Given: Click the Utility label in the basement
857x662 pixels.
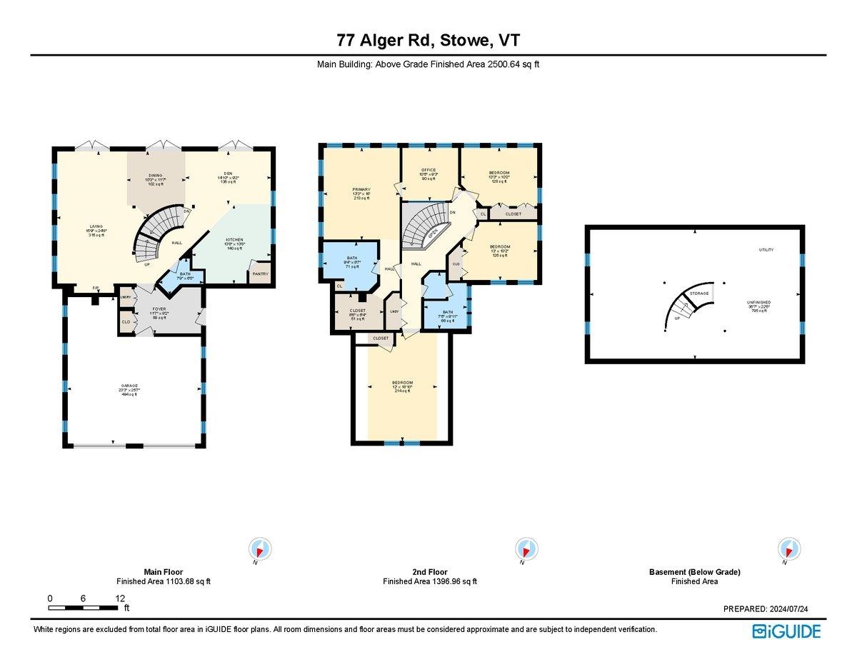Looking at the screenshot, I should pyautogui.click(x=766, y=250).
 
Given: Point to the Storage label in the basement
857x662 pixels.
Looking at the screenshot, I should pyautogui.click(x=699, y=294).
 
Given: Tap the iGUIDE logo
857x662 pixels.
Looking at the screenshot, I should pyautogui.click(x=786, y=631).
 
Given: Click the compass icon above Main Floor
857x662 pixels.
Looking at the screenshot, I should pyautogui.click(x=260, y=549).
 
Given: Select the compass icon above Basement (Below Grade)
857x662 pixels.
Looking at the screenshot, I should pyautogui.click(x=788, y=549).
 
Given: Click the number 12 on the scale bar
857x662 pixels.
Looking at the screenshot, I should pyautogui.click(x=120, y=598).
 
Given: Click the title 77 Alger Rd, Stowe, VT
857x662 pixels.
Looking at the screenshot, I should pyautogui.click(x=428, y=40).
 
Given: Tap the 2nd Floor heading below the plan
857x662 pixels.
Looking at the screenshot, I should pyautogui.click(x=429, y=572).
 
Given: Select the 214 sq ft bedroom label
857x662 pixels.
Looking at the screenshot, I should pyautogui.click(x=402, y=386).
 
